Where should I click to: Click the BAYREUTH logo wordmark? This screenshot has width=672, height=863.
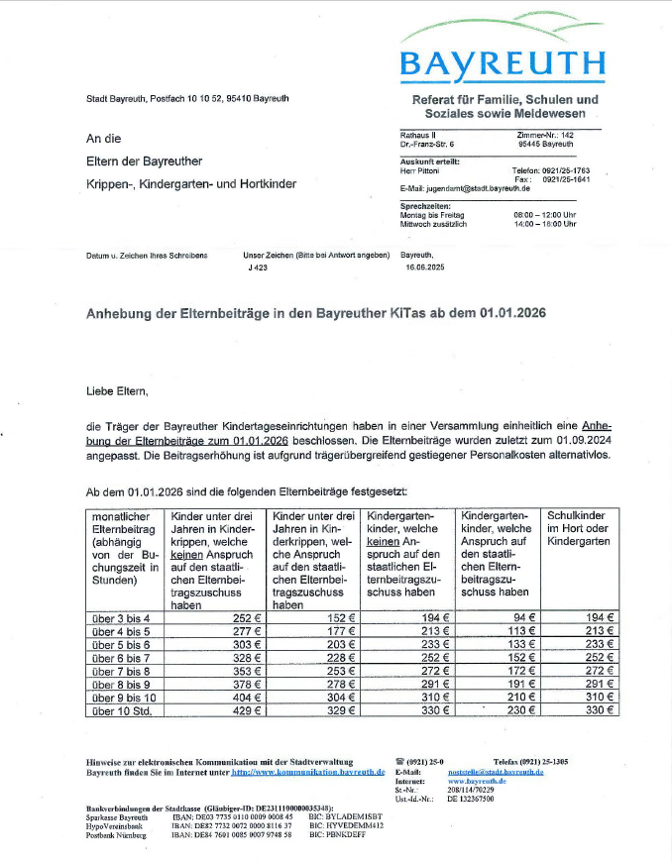tap(502, 65)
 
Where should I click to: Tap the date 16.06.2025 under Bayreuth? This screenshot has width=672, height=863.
tap(426, 268)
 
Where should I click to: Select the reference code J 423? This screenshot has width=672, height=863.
tap(258, 268)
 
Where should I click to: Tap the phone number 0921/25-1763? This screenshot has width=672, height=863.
tap(566, 170)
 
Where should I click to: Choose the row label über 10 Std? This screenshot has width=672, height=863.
tap(122, 710)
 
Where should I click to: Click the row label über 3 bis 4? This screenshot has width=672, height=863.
tap(122, 617)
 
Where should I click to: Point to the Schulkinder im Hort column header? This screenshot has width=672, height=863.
tap(581, 529)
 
